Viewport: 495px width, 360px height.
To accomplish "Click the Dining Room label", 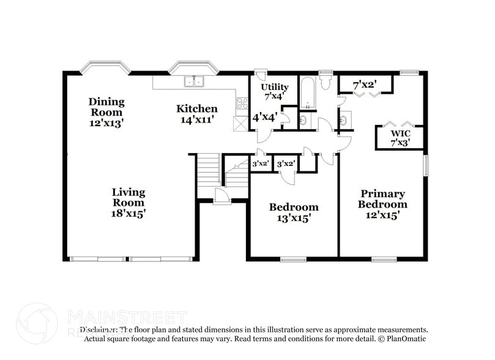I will click(x=106, y=107).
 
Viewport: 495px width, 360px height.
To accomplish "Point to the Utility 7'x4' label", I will click(x=274, y=91).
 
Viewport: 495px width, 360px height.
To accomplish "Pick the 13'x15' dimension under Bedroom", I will click(x=294, y=217).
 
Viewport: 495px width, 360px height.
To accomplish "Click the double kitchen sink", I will click(x=195, y=81).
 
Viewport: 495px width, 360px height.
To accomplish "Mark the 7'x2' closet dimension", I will click(x=365, y=84).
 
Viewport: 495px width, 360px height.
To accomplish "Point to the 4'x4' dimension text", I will click(x=265, y=116).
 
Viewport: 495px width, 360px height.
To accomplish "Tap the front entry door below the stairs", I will click(x=221, y=197).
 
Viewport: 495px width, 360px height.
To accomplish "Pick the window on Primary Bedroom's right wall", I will click(x=426, y=165).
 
